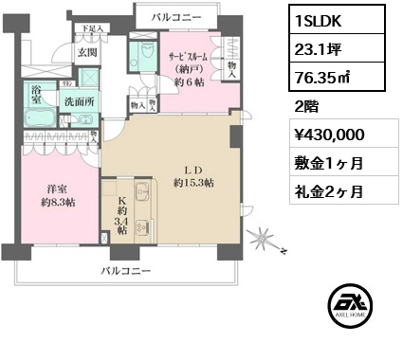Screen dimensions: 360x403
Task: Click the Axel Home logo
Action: point(347,312)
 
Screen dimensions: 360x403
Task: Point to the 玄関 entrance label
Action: point(87,53)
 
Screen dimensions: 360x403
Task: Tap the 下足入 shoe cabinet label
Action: point(90,29)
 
